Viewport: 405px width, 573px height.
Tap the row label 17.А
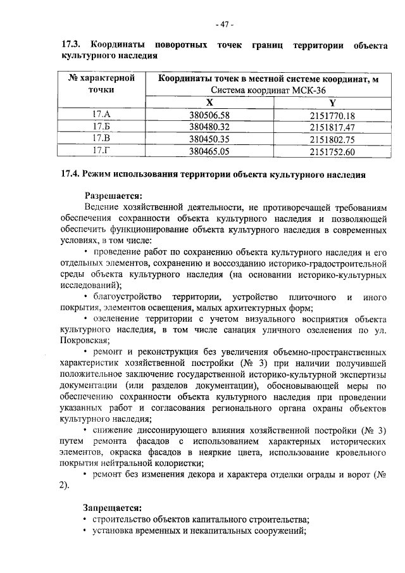click(101, 115)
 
